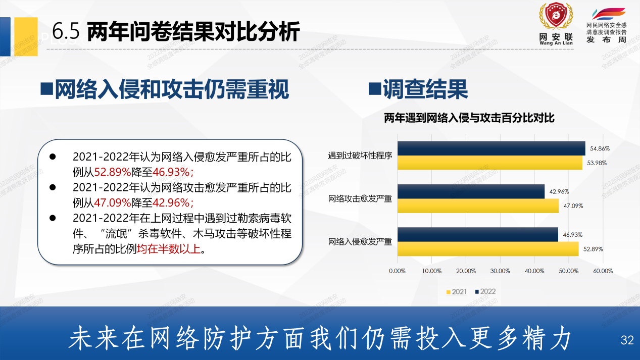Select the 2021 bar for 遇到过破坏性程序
pos(489,163)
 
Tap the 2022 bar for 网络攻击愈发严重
pos(471,191)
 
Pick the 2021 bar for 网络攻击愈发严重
pos(478,206)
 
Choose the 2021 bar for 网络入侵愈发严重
pos(487,249)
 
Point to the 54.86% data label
pos(599,149)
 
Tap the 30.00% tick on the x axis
pos(500,271)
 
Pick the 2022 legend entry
pos(484,292)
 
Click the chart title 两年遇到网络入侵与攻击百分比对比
pos(469,118)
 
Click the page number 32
pos(627,340)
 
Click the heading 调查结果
pos(425,89)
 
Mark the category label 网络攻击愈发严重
pos(360,199)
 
